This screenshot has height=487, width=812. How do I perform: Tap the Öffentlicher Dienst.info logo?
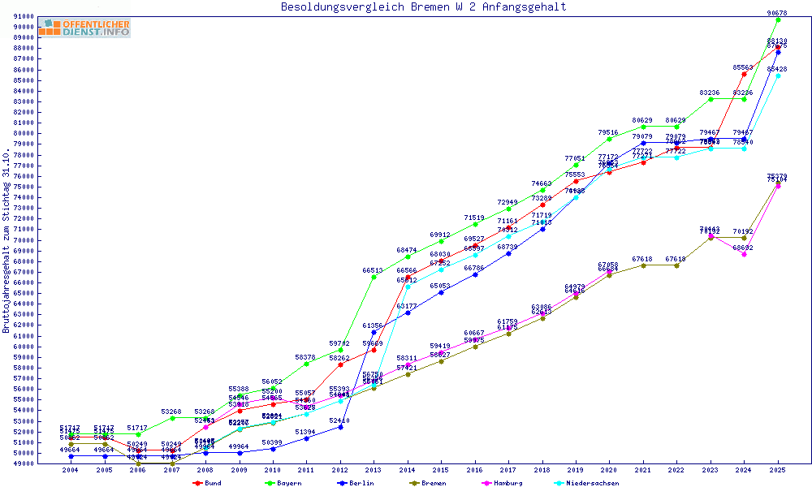(84, 28)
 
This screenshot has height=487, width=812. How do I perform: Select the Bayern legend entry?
(283, 483)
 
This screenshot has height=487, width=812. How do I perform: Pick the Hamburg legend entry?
(505, 483)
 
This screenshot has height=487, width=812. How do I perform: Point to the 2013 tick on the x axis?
(374, 470)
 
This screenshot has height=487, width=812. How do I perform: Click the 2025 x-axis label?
(778, 470)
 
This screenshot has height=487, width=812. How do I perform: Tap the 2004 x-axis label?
(70, 470)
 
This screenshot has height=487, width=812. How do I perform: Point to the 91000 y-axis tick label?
(23, 16)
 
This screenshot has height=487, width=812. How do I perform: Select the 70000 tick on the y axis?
(23, 239)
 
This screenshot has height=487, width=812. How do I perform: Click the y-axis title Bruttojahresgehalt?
(7, 241)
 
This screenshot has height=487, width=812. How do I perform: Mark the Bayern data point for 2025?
(778, 19)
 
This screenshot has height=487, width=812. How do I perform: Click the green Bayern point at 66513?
(374, 277)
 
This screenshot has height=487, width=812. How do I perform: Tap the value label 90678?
(777, 13)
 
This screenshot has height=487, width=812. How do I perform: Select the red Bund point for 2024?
(745, 74)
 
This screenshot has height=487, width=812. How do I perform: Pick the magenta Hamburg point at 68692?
(745, 254)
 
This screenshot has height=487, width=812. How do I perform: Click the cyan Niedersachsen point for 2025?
(778, 75)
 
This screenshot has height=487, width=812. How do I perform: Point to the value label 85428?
(777, 70)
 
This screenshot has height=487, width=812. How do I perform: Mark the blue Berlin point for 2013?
(374, 332)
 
